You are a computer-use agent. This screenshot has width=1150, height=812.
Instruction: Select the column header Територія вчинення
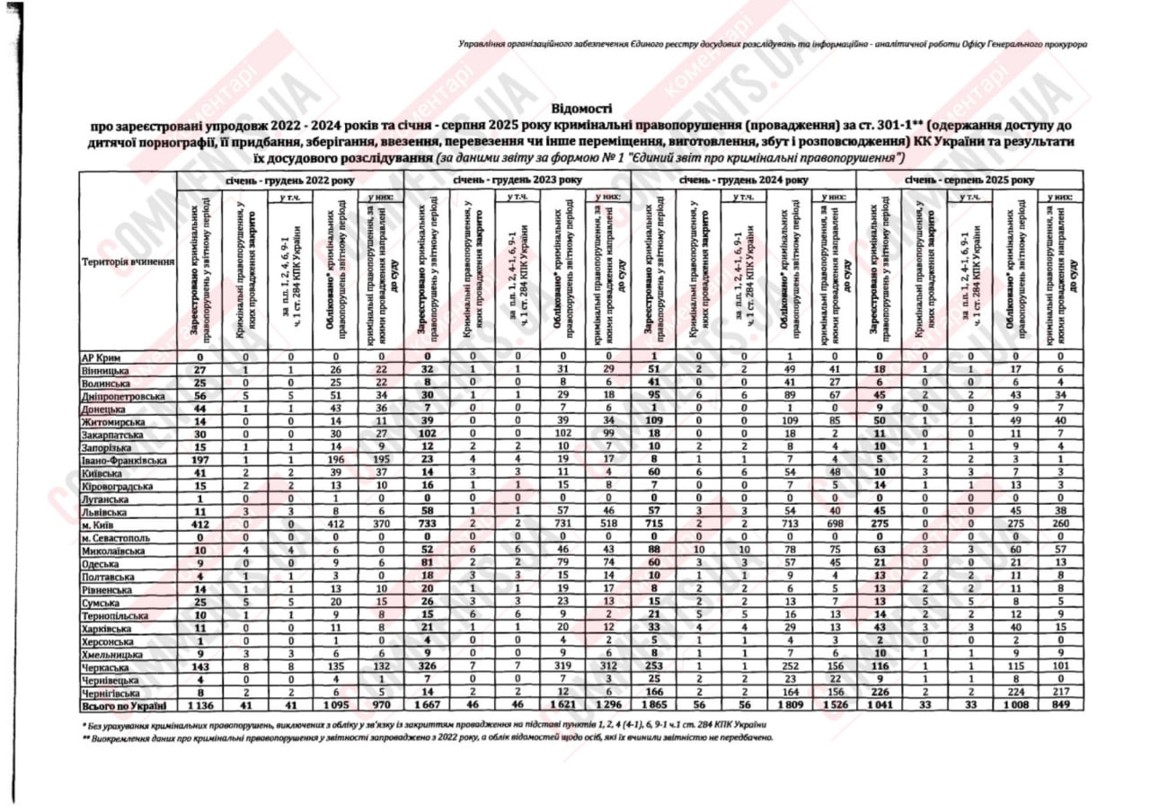point(127,261)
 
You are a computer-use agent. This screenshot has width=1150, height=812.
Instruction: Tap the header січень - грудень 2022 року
point(290,180)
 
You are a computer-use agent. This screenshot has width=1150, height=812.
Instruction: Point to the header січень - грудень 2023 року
point(517,180)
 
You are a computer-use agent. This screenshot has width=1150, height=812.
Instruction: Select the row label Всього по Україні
point(125,706)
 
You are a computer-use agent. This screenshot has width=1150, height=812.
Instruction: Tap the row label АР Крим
point(100,357)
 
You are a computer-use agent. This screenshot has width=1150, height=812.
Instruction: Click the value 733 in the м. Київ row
point(428,524)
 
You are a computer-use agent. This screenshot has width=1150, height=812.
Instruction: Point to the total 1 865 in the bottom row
point(655,706)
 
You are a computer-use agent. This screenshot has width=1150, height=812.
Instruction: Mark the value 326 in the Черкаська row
point(428,668)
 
